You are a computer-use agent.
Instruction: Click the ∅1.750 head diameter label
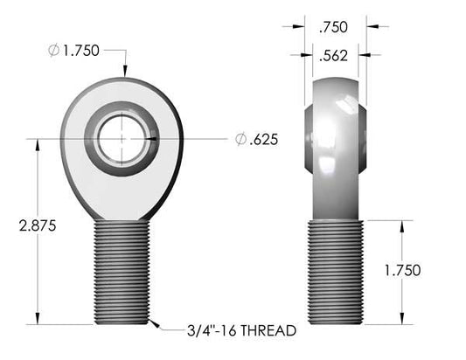[79, 51]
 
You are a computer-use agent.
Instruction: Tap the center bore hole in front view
[122, 139]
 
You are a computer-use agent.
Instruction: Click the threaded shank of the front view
[121, 271]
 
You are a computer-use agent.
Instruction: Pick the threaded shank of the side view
[337, 271]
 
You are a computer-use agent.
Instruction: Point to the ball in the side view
[337, 127]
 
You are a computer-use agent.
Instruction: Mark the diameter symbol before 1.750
[54, 51]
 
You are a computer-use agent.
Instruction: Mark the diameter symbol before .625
[240, 139]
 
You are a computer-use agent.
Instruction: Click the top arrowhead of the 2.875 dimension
[38, 145]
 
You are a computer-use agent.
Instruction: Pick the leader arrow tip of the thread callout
[150, 324]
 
